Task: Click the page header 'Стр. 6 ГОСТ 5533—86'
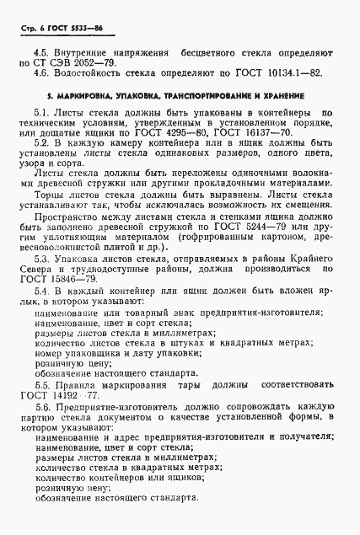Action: click(x=59, y=28)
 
